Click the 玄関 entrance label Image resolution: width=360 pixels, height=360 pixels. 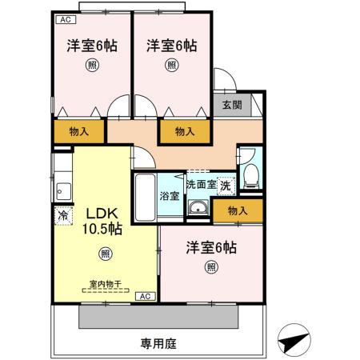(x=231, y=104)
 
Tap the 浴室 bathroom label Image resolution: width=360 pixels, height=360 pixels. (x=169, y=195)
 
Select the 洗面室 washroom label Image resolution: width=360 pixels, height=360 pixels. (x=201, y=184)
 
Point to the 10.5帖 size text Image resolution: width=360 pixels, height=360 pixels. (x=104, y=229)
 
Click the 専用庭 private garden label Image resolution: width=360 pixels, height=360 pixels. (x=158, y=344)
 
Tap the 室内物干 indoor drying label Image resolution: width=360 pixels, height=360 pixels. (x=104, y=285)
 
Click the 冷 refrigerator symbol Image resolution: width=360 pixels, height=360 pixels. (x=62, y=215)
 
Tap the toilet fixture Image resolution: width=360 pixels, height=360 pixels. (x=250, y=176)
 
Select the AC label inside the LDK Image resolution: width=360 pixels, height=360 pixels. (x=144, y=297)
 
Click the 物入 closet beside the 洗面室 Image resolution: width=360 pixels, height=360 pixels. (x=238, y=211)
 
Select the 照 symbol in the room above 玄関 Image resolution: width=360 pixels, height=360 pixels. (x=172, y=66)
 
